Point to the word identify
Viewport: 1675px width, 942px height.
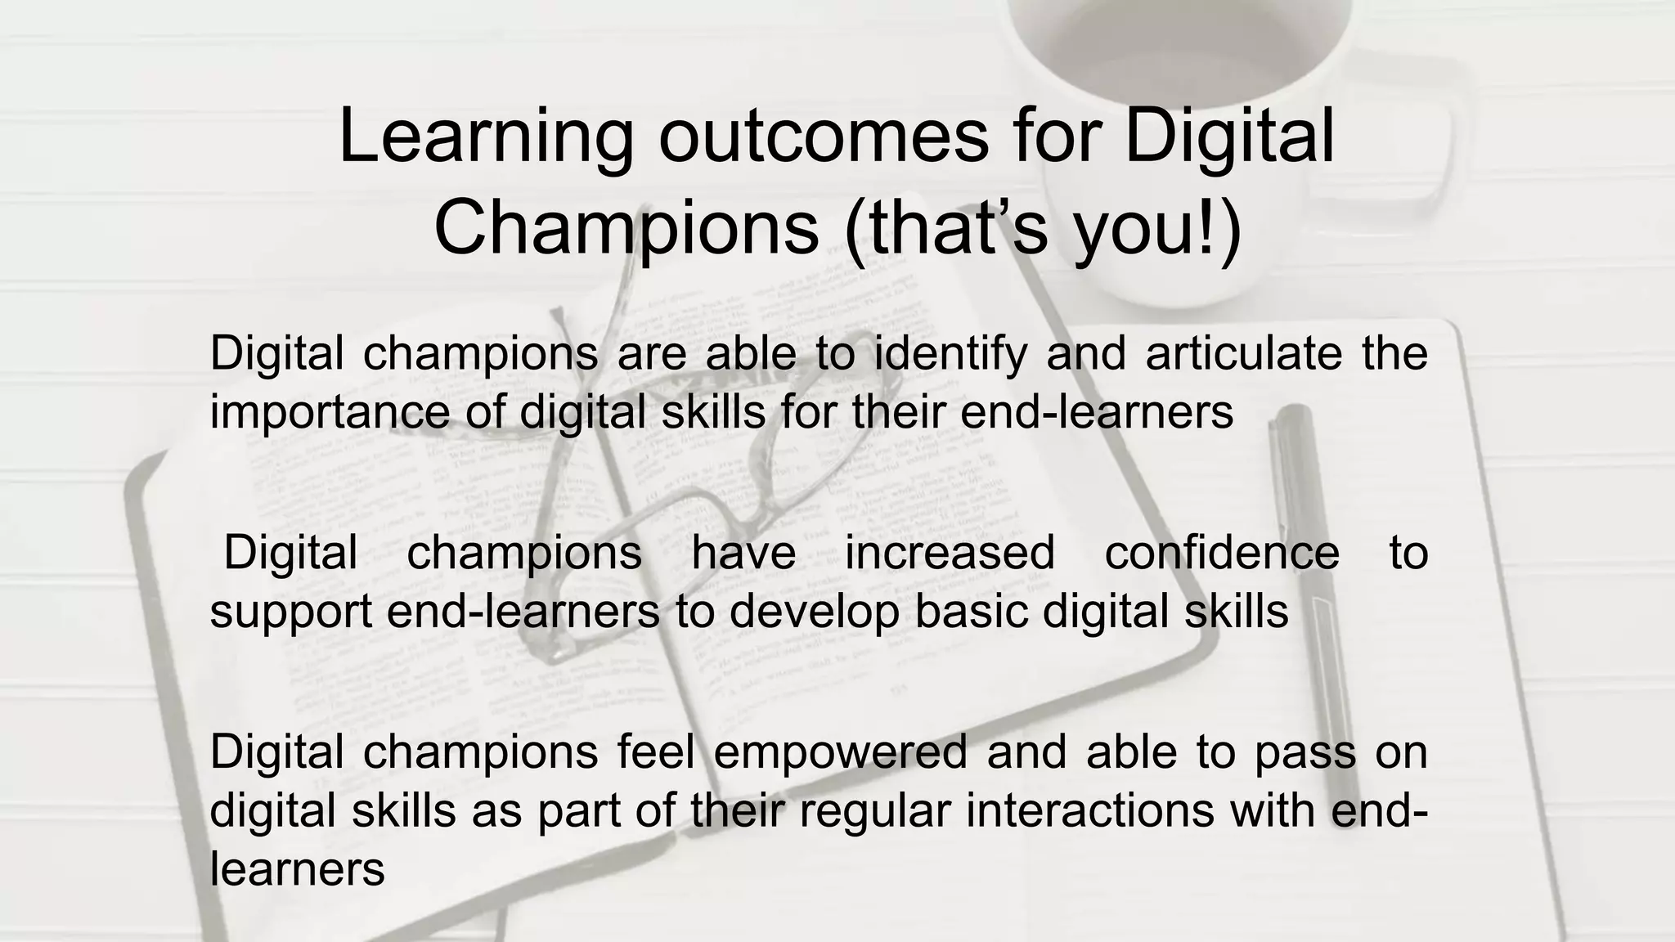coord(950,355)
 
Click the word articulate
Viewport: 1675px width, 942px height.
coord(1243,353)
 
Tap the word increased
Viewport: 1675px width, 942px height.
coord(950,552)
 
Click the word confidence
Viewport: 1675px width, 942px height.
coord(1222,552)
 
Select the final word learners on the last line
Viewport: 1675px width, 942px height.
coord(297,869)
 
